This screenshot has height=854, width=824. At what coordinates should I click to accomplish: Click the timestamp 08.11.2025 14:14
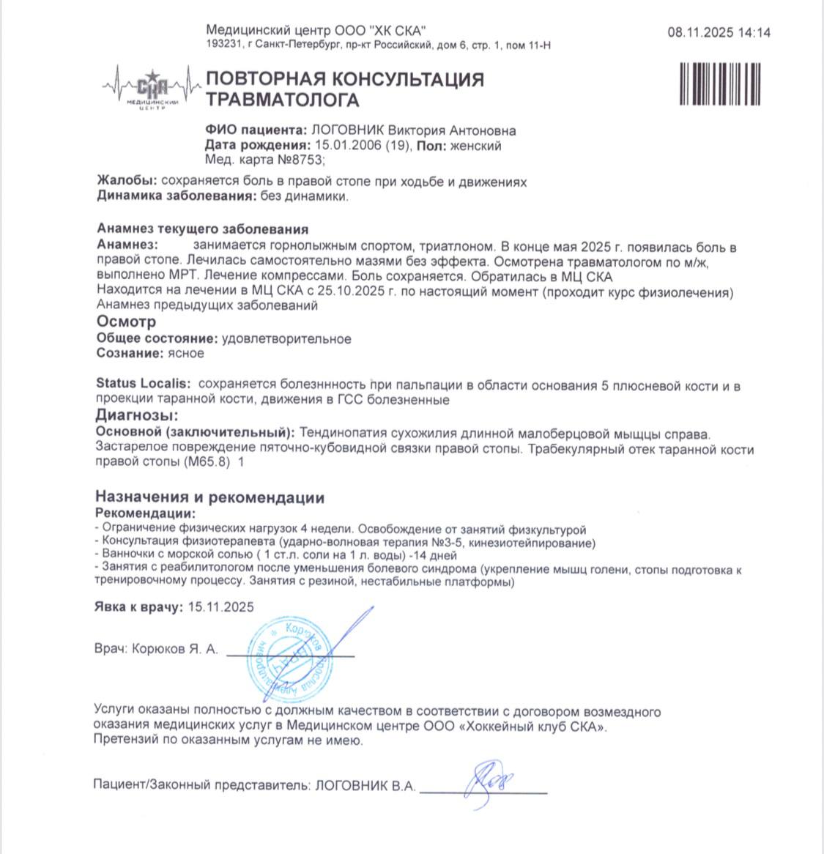coord(719,33)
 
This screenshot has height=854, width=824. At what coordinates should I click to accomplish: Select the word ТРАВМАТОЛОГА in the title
coord(282,100)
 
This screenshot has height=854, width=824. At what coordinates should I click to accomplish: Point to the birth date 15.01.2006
coord(344,146)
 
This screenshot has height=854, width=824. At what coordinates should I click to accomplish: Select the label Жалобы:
coord(127,182)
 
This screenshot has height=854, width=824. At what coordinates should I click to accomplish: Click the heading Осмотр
coord(126,322)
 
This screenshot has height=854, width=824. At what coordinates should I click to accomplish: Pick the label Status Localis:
coord(144,384)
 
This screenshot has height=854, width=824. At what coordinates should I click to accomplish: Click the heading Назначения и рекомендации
coord(209,498)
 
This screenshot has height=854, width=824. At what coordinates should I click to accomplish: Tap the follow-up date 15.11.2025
coord(221,606)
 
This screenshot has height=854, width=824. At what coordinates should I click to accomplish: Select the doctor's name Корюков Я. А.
coord(174,649)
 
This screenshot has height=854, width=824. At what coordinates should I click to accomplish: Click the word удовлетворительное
coord(286,339)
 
